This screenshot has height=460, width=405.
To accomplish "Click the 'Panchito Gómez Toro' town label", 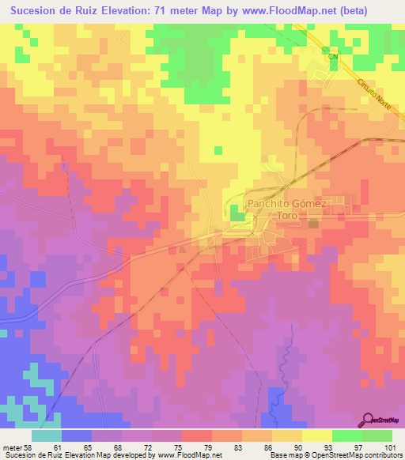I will [286, 208].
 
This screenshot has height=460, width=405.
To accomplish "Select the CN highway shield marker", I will [333, 57].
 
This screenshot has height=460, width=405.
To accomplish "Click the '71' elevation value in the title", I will [195, 11].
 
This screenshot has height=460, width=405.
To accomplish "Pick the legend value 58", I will [31, 447].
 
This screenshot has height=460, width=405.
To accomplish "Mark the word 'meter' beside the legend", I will [12, 447].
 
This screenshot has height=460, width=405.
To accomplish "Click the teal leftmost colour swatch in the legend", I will [47, 435].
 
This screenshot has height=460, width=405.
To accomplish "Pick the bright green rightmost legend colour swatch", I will [377, 435].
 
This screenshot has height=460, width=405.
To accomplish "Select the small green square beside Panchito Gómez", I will [237, 212].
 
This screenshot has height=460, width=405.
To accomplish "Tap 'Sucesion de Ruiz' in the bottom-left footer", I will [29, 455].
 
